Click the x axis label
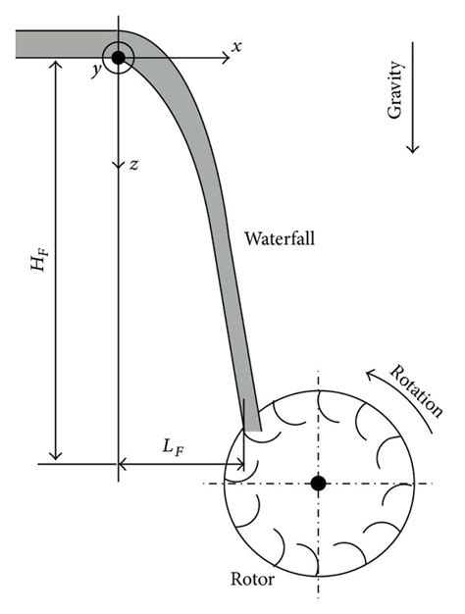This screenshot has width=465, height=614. pos(235,47)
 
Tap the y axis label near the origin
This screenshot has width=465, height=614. pos(96,70)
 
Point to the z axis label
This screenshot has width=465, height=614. pos(133,165)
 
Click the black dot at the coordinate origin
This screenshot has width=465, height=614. pos(118,58)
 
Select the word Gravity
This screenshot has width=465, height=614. pos(395,90)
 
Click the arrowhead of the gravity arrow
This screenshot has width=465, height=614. pos(412,149)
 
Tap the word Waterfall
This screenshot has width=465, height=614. pos(280,238)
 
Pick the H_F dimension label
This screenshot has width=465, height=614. pos(39,261)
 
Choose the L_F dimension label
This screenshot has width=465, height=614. pos(174,447)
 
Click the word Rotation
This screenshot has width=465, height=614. pos(416,391)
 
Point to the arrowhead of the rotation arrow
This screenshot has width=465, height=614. pos(371,375)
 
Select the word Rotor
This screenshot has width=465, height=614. pos(252,579)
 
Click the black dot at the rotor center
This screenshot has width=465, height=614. pos(318,484)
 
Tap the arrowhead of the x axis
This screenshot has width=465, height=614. pos(226,58)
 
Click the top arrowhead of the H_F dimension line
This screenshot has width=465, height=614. pos(56,63)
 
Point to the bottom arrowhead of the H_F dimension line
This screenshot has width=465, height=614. pos(56,456)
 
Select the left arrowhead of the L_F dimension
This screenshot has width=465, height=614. pos(123,465)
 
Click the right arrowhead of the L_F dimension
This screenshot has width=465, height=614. pos(239,465)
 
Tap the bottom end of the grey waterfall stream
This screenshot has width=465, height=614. pos(252,430)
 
